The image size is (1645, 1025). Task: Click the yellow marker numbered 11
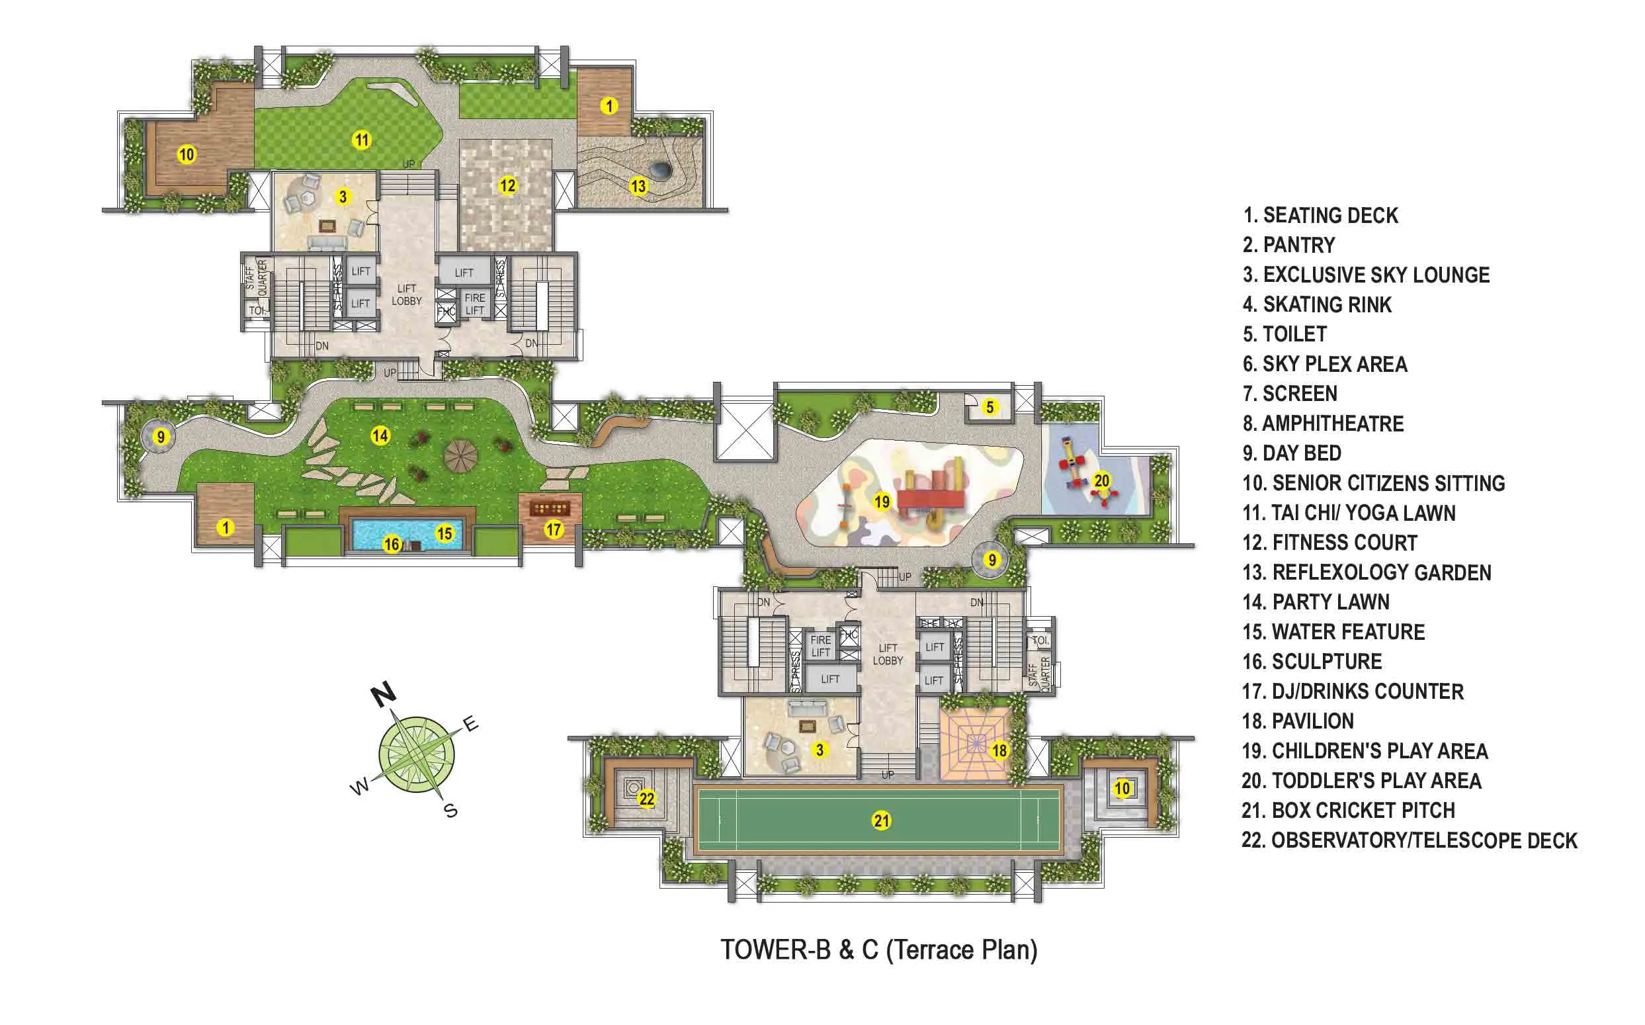[362, 140]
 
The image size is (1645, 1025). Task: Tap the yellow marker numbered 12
[507, 185]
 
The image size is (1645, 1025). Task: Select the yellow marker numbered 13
[638, 186]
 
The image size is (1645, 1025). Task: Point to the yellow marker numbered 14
[380, 436]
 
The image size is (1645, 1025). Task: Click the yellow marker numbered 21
[881, 821]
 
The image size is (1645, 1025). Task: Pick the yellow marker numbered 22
[646, 799]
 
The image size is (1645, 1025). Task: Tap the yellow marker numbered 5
[990, 408]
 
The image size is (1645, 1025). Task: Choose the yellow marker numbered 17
[554, 529]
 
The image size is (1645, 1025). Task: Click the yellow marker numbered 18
[999, 750]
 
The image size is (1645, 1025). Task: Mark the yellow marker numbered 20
[1102, 480]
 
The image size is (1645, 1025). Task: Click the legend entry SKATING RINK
[1317, 305]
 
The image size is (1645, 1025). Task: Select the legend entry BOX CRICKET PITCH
[1348, 810]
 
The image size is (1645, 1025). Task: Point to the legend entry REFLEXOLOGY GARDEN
[1367, 573]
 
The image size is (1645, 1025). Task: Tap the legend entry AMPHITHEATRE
[1322, 423]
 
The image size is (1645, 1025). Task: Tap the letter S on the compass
[450, 810]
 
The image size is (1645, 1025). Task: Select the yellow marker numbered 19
[882, 502]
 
